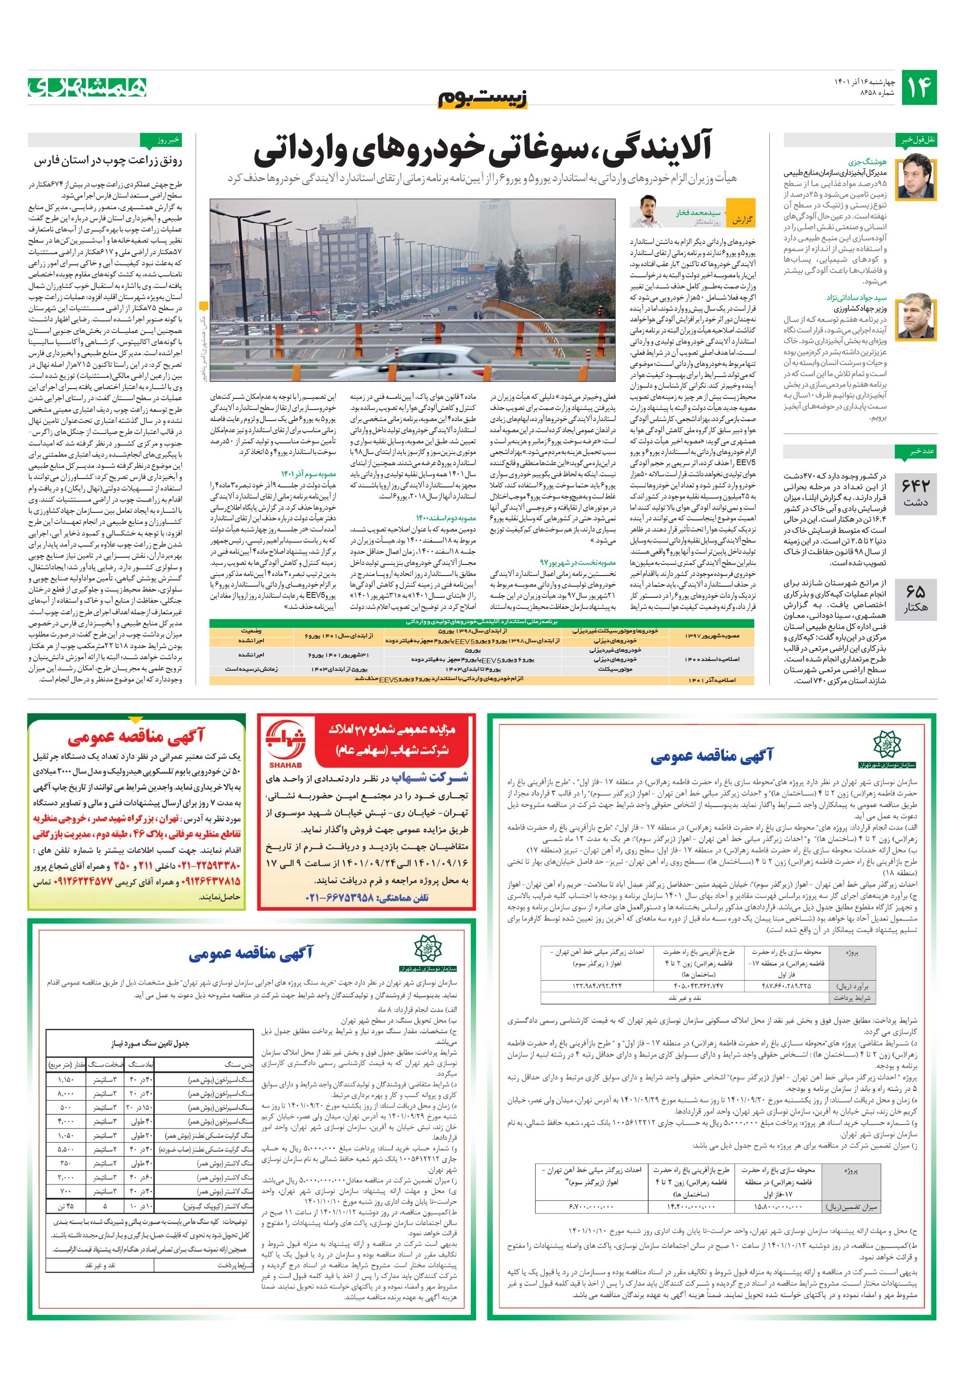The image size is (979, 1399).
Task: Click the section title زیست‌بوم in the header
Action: (x=482, y=99)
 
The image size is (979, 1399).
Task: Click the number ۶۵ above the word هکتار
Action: (x=916, y=591)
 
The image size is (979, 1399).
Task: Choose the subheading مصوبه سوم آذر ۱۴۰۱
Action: (x=308, y=474)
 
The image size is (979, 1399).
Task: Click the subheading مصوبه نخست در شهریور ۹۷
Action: (x=578, y=562)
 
